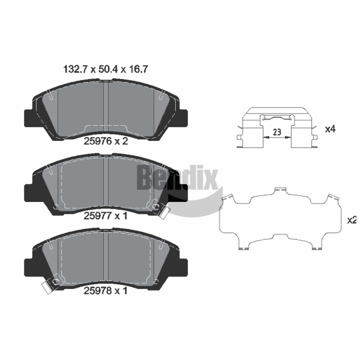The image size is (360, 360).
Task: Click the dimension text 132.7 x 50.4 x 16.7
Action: (105, 69)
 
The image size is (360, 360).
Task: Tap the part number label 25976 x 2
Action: (106, 141)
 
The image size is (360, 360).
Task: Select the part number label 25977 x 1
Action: (105, 216)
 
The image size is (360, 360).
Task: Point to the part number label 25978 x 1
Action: (105, 291)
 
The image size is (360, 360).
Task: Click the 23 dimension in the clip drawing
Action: (277, 132)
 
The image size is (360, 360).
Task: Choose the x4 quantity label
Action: (330, 129)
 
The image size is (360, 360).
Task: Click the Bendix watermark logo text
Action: (177, 178)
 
